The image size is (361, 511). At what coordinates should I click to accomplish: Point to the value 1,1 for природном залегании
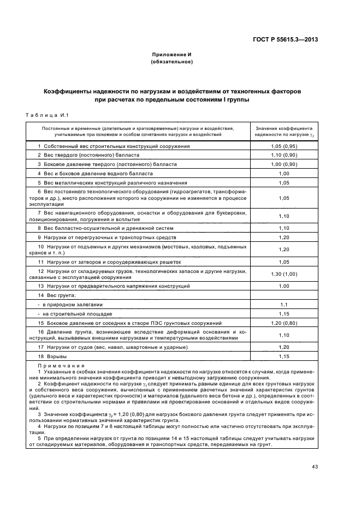(283, 304)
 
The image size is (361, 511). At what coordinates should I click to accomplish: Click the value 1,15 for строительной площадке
(283, 314)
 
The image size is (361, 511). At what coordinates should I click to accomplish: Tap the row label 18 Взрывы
(50, 356)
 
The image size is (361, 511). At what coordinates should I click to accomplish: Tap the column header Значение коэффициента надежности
(283, 130)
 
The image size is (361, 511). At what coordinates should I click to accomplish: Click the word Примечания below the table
(61, 366)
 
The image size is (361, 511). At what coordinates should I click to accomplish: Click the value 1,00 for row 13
(283, 286)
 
